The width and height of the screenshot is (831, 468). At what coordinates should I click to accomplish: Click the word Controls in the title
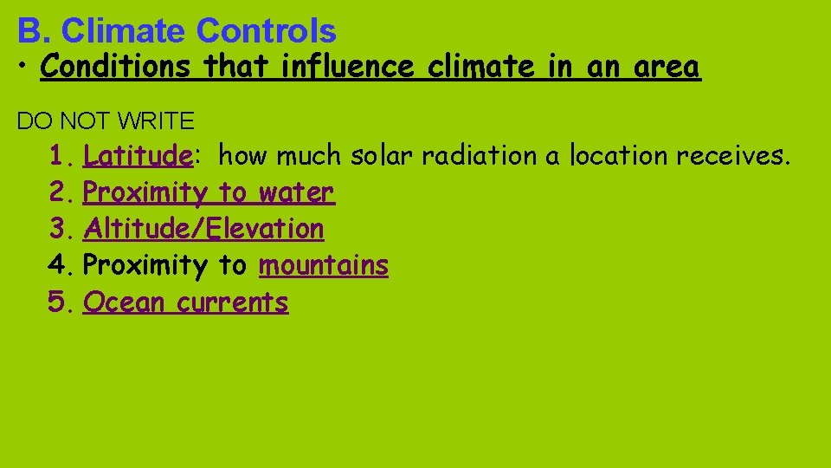266,31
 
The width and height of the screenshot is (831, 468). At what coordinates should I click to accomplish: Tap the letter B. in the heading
35,31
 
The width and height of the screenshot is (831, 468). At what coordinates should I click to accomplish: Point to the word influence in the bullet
349,67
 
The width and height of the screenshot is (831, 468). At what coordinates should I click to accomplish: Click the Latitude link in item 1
137,156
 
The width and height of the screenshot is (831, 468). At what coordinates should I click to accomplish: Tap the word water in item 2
296,192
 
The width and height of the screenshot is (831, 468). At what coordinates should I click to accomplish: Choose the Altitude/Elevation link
203,229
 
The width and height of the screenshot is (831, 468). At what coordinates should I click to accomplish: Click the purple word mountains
324,265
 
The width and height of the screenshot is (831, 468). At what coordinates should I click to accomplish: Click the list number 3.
59,229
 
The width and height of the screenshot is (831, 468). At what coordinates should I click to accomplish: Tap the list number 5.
59,302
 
